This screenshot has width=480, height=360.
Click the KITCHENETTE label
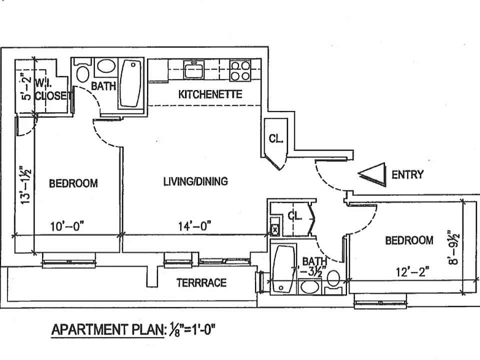pos(210,94)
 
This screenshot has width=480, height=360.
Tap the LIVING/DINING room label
pos(195,181)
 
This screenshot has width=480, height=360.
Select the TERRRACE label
pos(201,283)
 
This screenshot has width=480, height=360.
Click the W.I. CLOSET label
pos(50,90)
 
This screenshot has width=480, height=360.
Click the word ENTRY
pos(407,174)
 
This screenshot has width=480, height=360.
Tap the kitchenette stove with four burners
pos(240,70)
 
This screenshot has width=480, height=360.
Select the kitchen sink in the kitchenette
pos(192,69)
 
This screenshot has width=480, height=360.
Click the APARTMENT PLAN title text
pos(107,329)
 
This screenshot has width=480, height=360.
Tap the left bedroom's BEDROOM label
pos(73,183)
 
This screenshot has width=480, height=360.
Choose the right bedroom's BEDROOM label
pos(409,240)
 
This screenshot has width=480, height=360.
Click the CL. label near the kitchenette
pos(276,139)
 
